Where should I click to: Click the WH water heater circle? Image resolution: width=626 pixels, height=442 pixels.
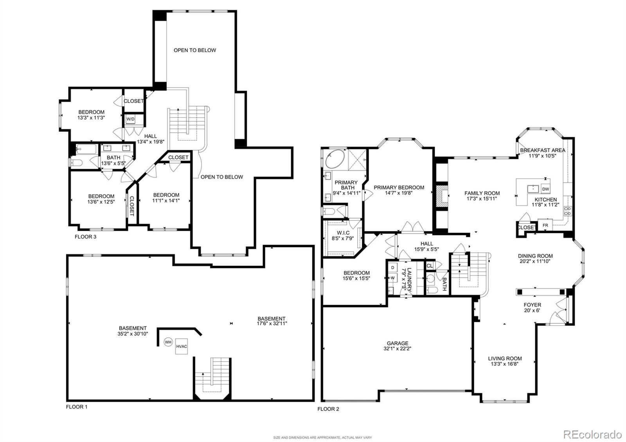[168, 342]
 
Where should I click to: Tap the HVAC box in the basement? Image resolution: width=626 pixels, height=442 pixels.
[182, 346]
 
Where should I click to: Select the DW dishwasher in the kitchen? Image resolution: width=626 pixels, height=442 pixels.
[546, 189]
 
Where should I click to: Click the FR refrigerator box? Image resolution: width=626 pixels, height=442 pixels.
[545, 226]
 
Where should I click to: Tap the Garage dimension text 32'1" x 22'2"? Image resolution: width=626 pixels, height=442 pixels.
[398, 349]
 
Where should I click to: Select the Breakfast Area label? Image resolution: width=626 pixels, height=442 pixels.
[542, 150]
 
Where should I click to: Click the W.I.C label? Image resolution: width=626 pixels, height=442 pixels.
[343, 233]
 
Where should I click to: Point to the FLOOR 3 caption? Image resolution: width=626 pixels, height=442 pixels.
[85, 237]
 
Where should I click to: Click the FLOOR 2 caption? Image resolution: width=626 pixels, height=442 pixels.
[328, 409]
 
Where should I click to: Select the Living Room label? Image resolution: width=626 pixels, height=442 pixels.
[505, 358]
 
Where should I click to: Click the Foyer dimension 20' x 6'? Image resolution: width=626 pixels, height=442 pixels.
[532, 311]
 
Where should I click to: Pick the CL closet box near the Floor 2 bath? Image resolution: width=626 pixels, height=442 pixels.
[430, 266]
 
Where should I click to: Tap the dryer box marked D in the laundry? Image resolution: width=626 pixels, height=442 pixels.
[392, 268]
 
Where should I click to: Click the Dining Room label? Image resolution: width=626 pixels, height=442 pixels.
[535, 256]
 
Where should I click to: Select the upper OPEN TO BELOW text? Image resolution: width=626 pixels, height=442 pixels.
[194, 50]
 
